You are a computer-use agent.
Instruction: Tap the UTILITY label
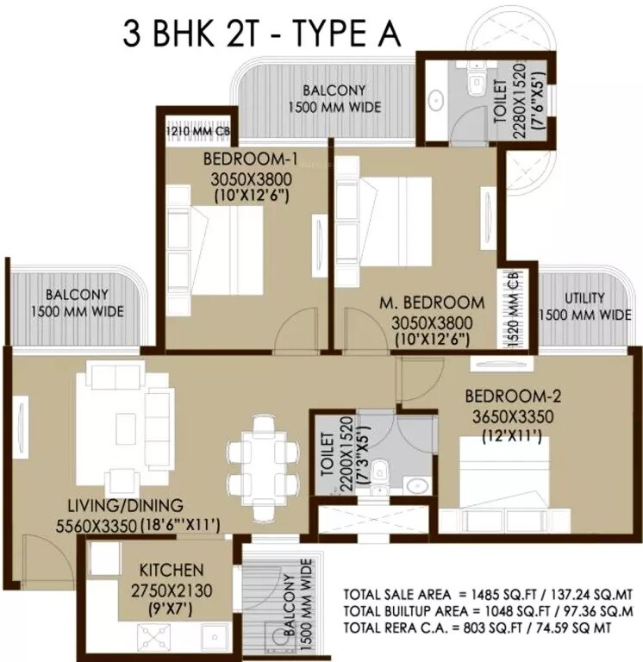tap(584, 298)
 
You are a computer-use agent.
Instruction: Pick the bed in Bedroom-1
tap(226, 249)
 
